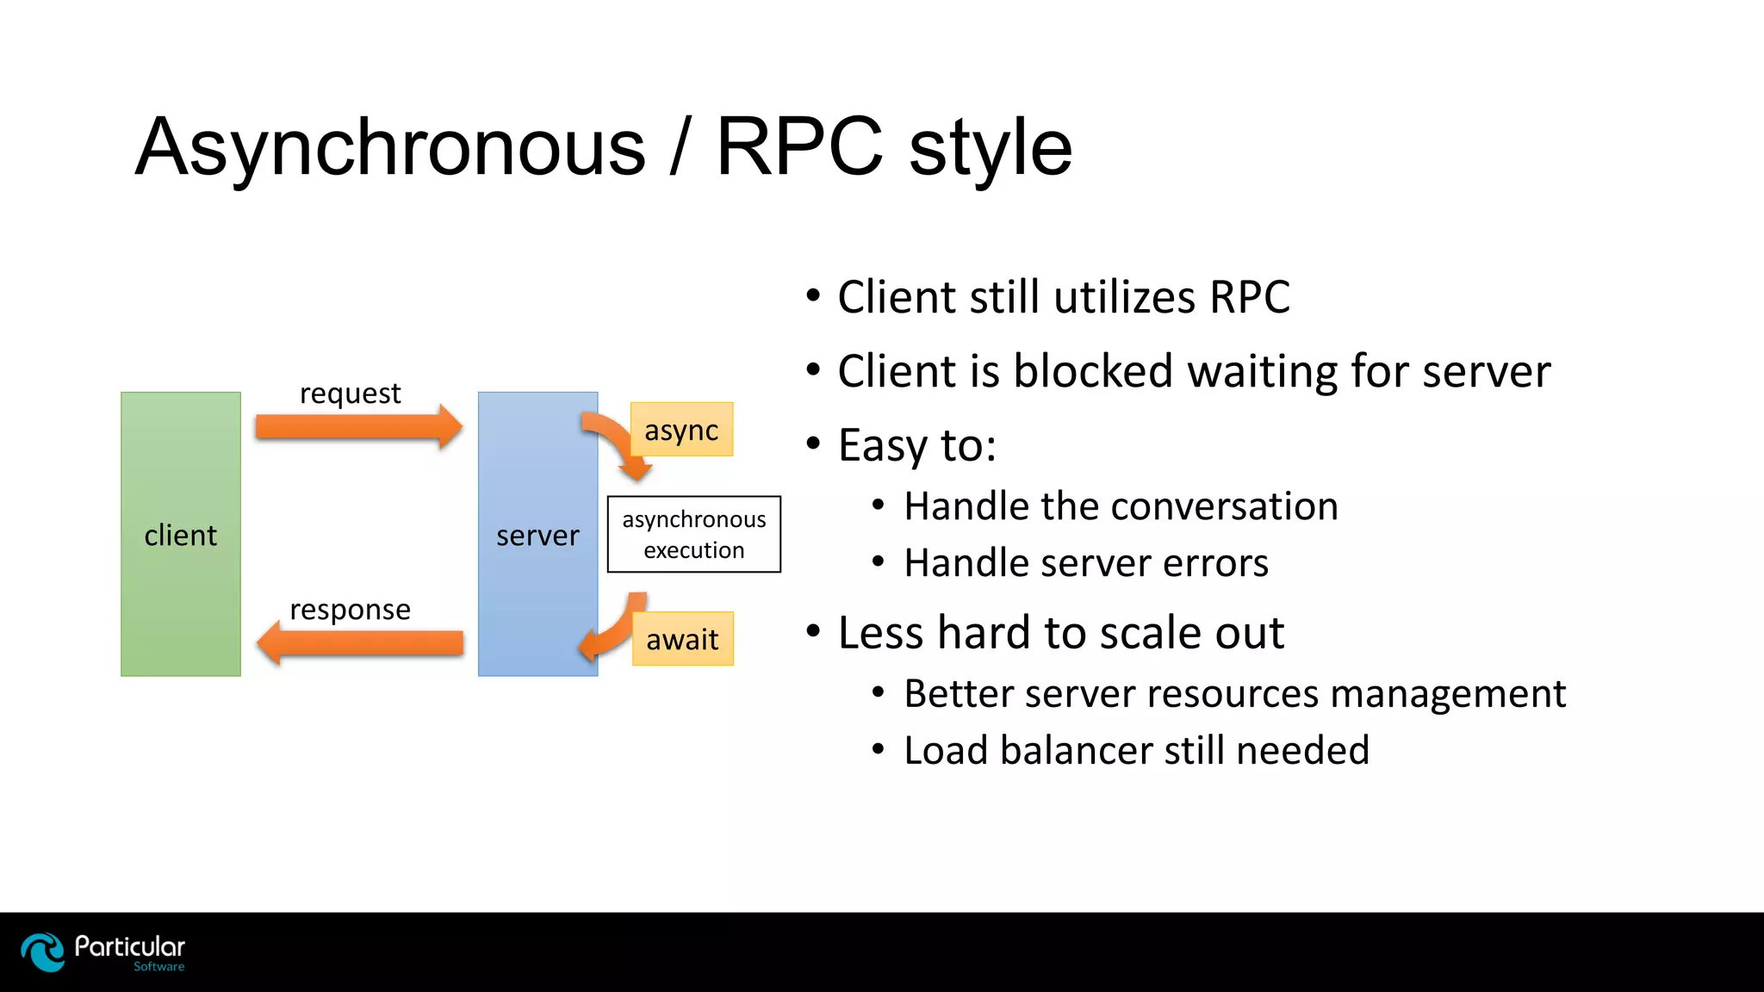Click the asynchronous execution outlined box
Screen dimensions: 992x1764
tap(694, 534)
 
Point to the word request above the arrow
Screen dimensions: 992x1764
tap(350, 394)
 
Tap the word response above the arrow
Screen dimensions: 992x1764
tap(350, 610)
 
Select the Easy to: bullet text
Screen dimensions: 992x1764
tap(916, 446)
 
